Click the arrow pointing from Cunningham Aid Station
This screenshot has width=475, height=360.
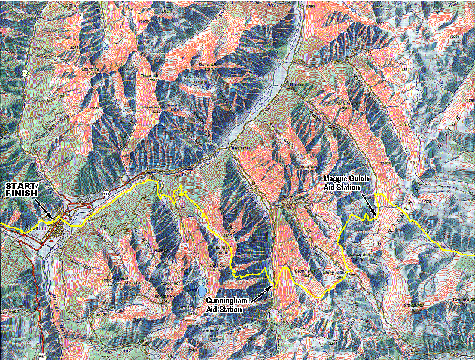(x=261, y=292)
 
